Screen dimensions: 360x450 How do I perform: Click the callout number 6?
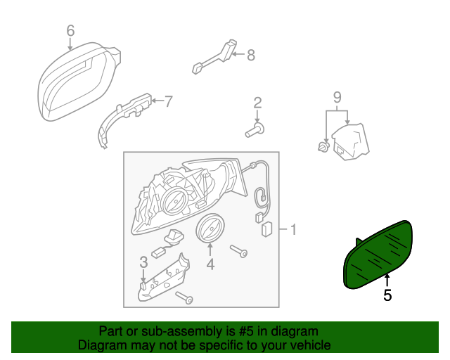click(70, 30)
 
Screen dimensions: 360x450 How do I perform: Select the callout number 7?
click(168, 101)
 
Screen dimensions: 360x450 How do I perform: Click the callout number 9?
click(337, 96)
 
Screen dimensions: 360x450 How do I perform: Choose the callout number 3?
click(143, 262)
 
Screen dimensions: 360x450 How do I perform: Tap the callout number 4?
click(210, 264)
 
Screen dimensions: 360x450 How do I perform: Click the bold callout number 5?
click(387, 295)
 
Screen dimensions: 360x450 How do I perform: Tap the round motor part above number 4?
click(210, 230)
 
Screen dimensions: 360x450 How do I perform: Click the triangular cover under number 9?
click(350, 141)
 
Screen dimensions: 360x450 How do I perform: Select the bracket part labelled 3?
click(162, 279)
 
